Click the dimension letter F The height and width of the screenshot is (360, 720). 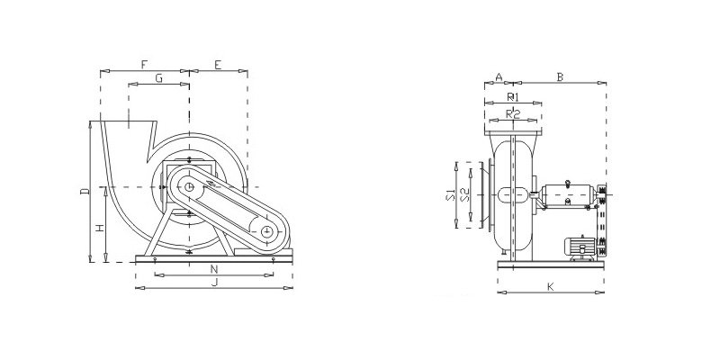pos(144,64)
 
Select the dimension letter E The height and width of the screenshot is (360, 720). pos(218,64)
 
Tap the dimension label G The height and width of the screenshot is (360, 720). pos(159,78)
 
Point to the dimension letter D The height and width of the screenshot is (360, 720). pos(85,191)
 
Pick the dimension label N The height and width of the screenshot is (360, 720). pos(214,268)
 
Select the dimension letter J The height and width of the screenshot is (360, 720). pos(214,282)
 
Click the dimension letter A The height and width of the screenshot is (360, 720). pos(500,76)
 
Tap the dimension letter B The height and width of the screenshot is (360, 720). pos(560,76)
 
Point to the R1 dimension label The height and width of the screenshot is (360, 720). pos(513,97)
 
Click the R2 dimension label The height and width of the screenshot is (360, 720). pos(513,114)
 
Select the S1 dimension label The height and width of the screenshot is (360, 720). pos(450,194)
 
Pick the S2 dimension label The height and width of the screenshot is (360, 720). pos(465,194)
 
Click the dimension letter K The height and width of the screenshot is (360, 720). pos(551,287)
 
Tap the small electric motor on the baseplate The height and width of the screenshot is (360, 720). pos(581,248)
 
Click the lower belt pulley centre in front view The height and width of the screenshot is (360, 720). pos(266,232)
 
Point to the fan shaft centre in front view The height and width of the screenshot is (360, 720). pos(189,187)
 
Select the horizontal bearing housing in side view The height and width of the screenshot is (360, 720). pos(569,194)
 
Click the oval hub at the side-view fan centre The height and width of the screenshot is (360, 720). pos(513,194)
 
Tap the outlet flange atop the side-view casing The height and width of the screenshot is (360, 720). pos(513,133)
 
